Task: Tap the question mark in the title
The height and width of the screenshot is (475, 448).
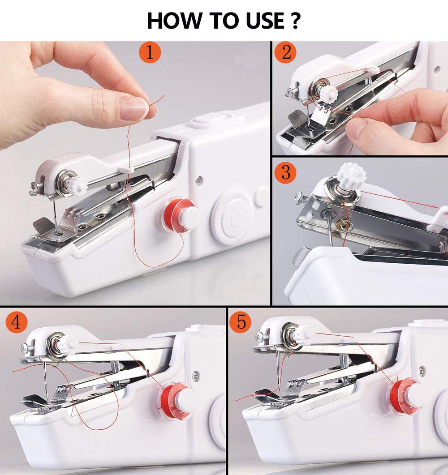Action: point(293,21)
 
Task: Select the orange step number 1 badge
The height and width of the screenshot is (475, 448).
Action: point(150,53)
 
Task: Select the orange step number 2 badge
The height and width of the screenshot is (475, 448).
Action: point(286,53)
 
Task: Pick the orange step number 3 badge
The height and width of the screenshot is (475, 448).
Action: point(286,172)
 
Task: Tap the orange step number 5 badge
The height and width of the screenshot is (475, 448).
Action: point(241,322)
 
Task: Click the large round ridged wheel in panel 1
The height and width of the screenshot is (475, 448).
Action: point(231,217)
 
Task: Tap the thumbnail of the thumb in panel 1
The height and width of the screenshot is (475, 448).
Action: point(133,108)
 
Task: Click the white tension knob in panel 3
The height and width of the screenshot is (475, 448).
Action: point(352,175)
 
